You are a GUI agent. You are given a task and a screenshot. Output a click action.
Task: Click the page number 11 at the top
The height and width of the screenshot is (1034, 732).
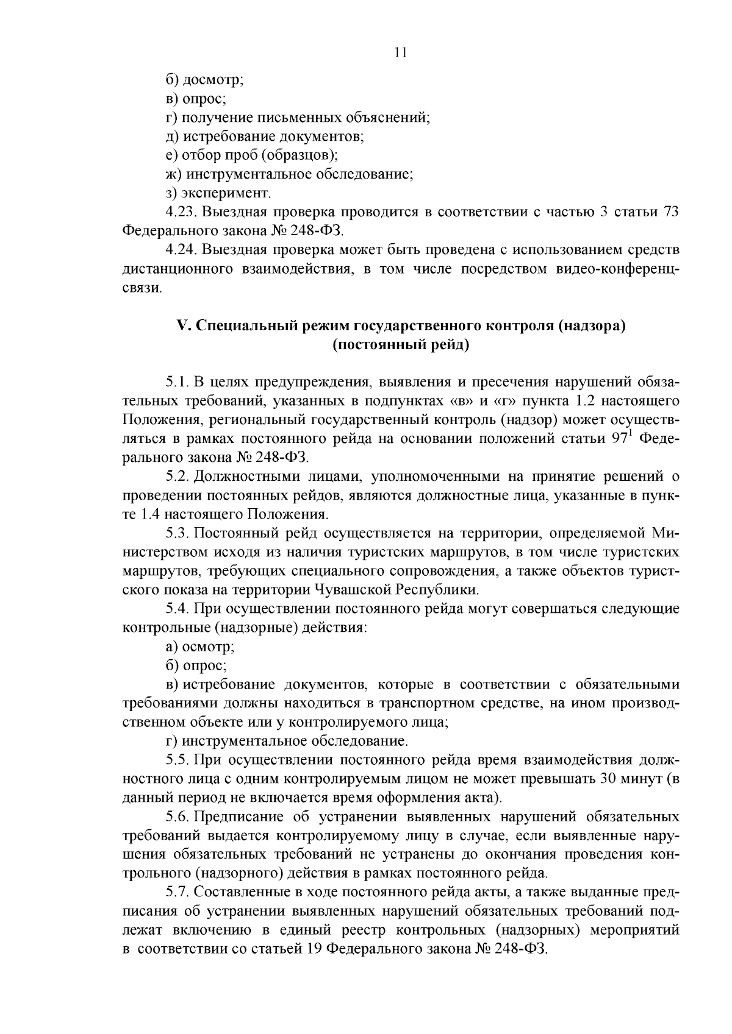click(x=400, y=52)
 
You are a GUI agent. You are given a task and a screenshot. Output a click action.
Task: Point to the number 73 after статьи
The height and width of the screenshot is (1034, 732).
click(x=670, y=212)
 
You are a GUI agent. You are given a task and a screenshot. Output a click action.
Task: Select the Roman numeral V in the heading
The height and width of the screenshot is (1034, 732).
click(x=181, y=326)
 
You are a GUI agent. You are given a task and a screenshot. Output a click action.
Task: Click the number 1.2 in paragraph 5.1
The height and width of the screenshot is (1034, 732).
click(x=586, y=400)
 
